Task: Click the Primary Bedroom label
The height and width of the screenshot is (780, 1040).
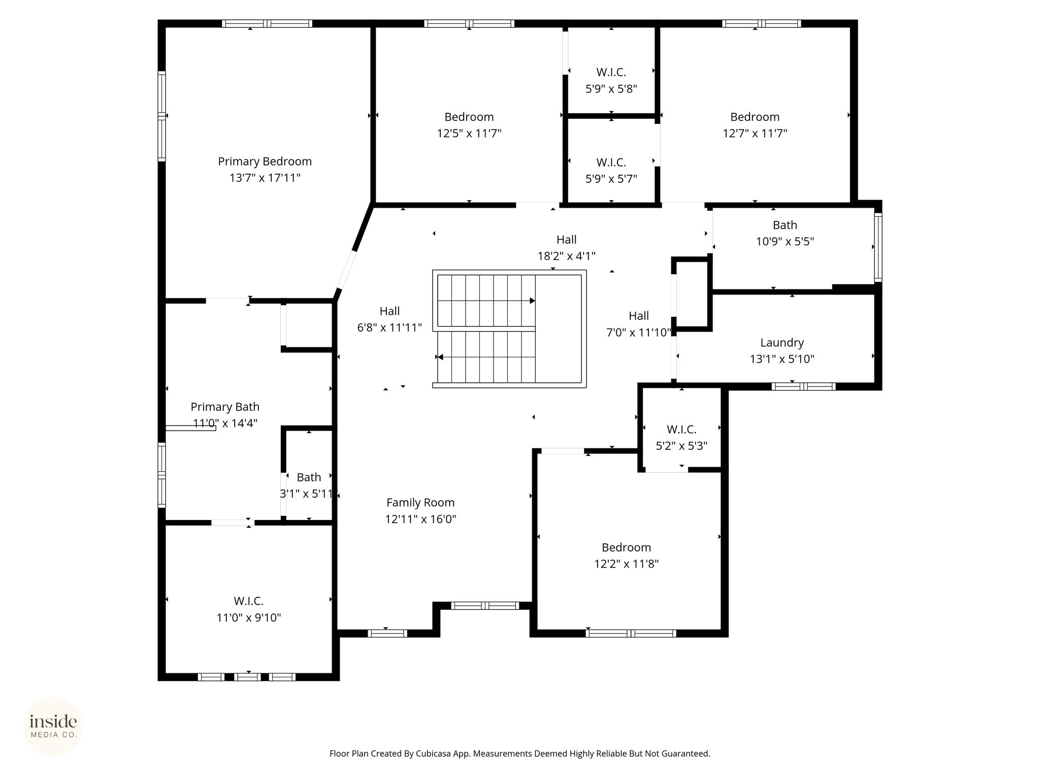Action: coord(265,161)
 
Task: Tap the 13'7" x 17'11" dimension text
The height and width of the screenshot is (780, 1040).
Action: coord(265,178)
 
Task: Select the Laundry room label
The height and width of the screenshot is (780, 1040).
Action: coord(782,343)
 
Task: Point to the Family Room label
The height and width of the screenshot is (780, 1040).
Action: coord(420,503)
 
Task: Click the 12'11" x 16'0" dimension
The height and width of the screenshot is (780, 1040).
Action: coord(420,519)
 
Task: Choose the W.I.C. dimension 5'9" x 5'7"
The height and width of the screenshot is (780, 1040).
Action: coord(611,179)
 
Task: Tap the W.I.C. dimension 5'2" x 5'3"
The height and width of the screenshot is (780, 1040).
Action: coord(681,446)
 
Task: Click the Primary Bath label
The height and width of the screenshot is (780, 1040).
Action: coord(225,407)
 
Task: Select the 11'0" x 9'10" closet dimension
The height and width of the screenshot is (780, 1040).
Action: coord(249,617)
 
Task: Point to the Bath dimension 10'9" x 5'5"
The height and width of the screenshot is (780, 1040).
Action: coord(785,241)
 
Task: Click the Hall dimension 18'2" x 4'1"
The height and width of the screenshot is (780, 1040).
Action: coord(567,256)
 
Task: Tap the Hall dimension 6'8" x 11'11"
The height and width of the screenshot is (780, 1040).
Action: coord(389,328)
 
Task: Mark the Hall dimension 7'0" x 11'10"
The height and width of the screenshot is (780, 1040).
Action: coord(639,332)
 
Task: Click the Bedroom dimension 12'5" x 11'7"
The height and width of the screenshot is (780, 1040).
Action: coord(469,133)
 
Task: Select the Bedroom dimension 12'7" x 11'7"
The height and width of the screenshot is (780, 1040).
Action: coord(755,133)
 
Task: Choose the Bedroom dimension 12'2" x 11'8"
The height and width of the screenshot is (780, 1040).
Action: coord(627,564)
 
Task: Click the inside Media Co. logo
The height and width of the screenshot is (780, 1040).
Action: coord(53,726)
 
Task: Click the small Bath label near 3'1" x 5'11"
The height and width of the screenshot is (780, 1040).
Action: coord(309,477)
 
